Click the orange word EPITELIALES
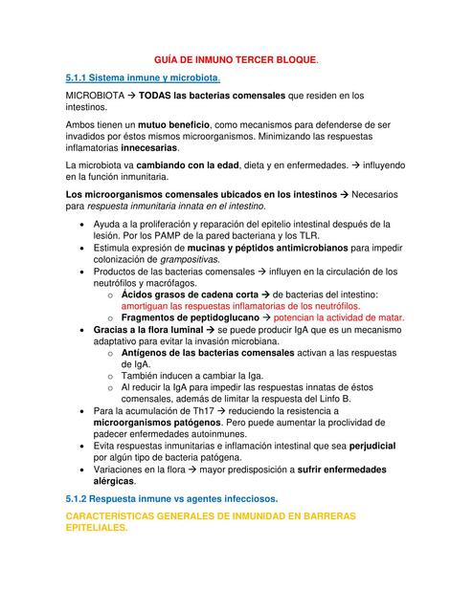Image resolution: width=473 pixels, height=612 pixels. (95, 528)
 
